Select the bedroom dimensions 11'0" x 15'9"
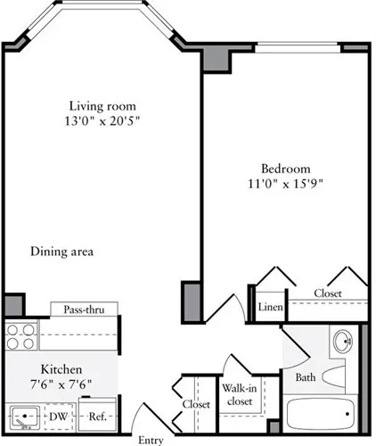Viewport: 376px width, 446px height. point(285,185)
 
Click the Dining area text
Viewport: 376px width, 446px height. point(61,252)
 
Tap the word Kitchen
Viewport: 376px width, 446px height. point(61,369)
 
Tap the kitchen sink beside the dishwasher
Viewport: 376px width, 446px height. point(25,416)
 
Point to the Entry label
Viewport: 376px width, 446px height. point(151,440)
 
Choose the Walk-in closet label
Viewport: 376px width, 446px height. point(238,394)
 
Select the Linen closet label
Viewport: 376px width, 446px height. point(270,307)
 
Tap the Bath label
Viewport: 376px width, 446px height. point(306,377)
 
